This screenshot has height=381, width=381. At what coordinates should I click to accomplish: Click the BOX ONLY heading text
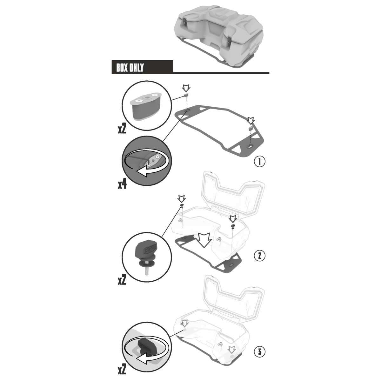(x=130, y=68)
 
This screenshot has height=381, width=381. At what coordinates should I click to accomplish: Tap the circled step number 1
(x=259, y=162)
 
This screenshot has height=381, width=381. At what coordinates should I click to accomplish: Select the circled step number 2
(x=259, y=256)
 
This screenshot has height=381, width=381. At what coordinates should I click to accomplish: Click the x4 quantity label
(x=122, y=184)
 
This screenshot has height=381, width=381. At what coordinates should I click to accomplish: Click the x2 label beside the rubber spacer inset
(x=122, y=129)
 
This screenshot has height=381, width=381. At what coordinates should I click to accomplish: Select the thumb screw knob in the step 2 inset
(x=146, y=250)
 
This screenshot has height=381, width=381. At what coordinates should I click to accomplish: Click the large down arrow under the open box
(x=204, y=240)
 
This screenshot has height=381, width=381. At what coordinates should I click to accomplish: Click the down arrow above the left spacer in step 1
(x=186, y=88)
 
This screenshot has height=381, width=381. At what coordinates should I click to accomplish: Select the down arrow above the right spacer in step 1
(x=251, y=120)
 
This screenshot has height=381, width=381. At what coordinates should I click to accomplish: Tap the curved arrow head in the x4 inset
(x=143, y=171)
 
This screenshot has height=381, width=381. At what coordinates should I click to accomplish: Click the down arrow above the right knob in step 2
(x=233, y=219)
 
